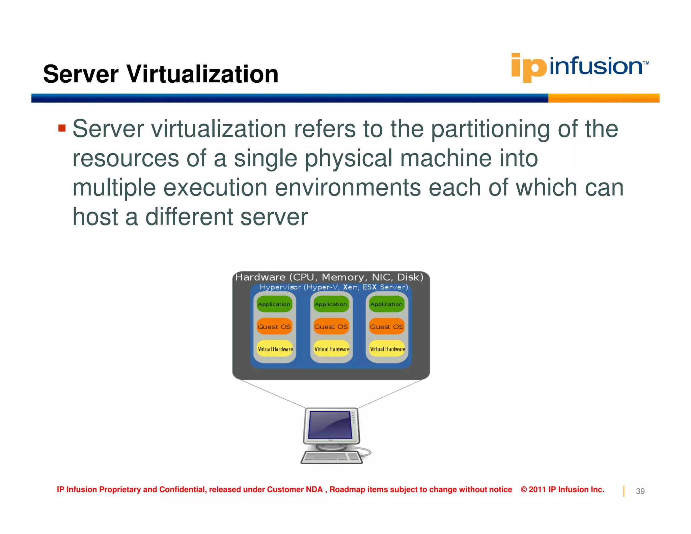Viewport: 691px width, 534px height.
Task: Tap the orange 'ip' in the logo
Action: [528, 68]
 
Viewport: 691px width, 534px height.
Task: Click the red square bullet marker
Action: [62, 128]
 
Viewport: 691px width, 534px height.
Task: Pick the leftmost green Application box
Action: [274, 304]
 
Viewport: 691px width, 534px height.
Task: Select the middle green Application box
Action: [331, 304]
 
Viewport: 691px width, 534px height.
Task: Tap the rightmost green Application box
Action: [386, 304]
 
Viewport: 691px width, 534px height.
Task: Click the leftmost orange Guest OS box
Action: [274, 327]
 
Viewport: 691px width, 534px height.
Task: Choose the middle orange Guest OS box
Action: [331, 327]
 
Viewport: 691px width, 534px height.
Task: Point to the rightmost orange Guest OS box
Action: [386, 327]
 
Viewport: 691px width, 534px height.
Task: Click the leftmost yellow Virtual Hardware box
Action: [275, 349]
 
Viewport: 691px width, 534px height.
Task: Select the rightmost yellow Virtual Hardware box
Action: [387, 349]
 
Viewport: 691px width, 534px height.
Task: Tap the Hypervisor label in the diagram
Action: [280, 287]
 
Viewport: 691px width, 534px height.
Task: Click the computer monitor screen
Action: [330, 425]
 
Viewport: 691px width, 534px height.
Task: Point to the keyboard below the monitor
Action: [331, 457]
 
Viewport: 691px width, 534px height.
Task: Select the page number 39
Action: [640, 491]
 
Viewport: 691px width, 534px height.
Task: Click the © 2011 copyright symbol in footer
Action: [524, 489]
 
